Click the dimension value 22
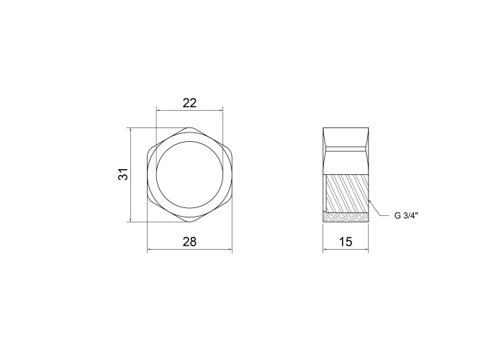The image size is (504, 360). pyautogui.click(x=189, y=103)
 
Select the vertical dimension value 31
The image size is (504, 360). pyautogui.click(x=123, y=174)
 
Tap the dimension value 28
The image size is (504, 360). pyautogui.click(x=189, y=241)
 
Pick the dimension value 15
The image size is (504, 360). pyautogui.click(x=346, y=241)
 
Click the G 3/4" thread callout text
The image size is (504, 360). pyautogui.click(x=405, y=215)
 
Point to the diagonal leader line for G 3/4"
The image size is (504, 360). pyautogui.click(x=375, y=207)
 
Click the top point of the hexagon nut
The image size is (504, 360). pyautogui.click(x=189, y=127)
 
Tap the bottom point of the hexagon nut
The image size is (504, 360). pyautogui.click(x=189, y=222)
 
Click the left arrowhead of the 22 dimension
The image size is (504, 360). pyautogui.click(x=158, y=111)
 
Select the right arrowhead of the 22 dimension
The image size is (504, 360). pyautogui.click(x=221, y=111)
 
